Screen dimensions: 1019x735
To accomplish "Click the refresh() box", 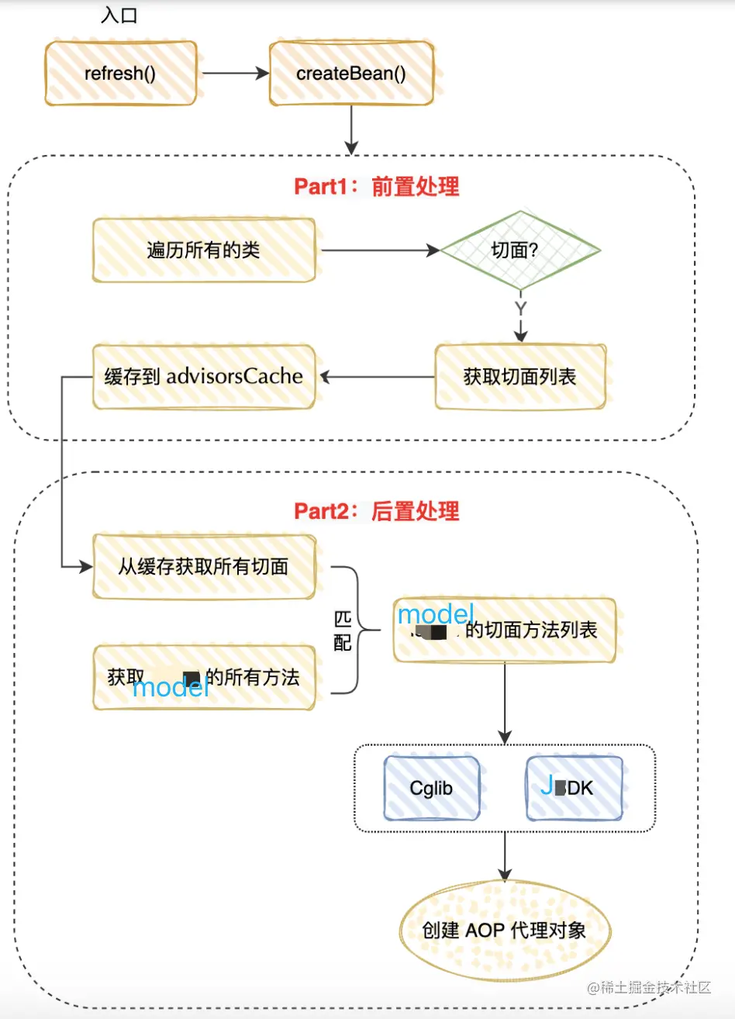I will (120, 74).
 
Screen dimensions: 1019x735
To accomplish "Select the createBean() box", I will (350, 74).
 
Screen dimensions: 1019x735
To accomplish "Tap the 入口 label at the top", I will (119, 16).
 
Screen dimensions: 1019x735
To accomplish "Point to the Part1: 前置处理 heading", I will (376, 187).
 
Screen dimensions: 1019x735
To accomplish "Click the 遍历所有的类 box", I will (204, 250).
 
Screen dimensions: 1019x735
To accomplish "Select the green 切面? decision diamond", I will (520, 250).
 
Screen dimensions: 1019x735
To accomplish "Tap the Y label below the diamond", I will (520, 309).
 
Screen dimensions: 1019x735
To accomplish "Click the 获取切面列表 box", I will (520, 377).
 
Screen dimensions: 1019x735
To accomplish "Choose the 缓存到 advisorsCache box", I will (204, 377).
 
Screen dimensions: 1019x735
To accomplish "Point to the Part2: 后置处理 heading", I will (376, 512).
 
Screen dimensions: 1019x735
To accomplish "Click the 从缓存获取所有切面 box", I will (204, 566).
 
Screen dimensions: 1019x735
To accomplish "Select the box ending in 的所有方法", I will (204, 677).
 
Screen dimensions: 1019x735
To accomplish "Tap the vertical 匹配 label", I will (343, 630).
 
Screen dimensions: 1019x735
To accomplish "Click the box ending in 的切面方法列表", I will (504, 630).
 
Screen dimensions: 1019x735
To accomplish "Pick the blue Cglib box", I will (431, 789).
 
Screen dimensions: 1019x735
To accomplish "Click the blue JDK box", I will (574, 789).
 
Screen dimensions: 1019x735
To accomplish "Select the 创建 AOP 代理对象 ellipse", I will (505, 930).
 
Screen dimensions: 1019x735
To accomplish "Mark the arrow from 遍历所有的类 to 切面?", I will (380, 250).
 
